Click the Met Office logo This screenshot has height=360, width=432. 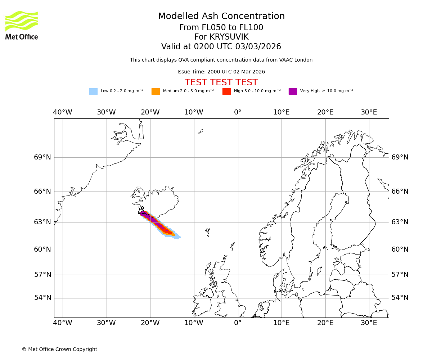(22, 25)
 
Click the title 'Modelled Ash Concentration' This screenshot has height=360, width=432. (221, 17)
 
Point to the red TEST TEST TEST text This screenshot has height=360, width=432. (221, 83)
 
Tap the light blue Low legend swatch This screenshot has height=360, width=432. (93, 91)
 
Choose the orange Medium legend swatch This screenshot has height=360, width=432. (156, 91)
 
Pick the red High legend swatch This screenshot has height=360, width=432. (226, 91)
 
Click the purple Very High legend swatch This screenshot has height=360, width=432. (293, 91)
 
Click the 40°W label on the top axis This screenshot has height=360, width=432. (63, 112)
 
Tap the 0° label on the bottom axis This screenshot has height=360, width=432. (238, 323)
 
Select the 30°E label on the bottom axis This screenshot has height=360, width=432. (369, 323)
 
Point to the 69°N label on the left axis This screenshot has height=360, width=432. (42, 157)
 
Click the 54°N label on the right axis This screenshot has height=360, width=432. (400, 298)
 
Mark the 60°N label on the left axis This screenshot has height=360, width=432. (42, 249)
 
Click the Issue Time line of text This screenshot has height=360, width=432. (221, 72)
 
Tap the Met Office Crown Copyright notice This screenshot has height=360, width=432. (59, 350)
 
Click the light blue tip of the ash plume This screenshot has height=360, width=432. (178, 237)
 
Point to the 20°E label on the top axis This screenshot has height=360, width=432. (325, 112)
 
